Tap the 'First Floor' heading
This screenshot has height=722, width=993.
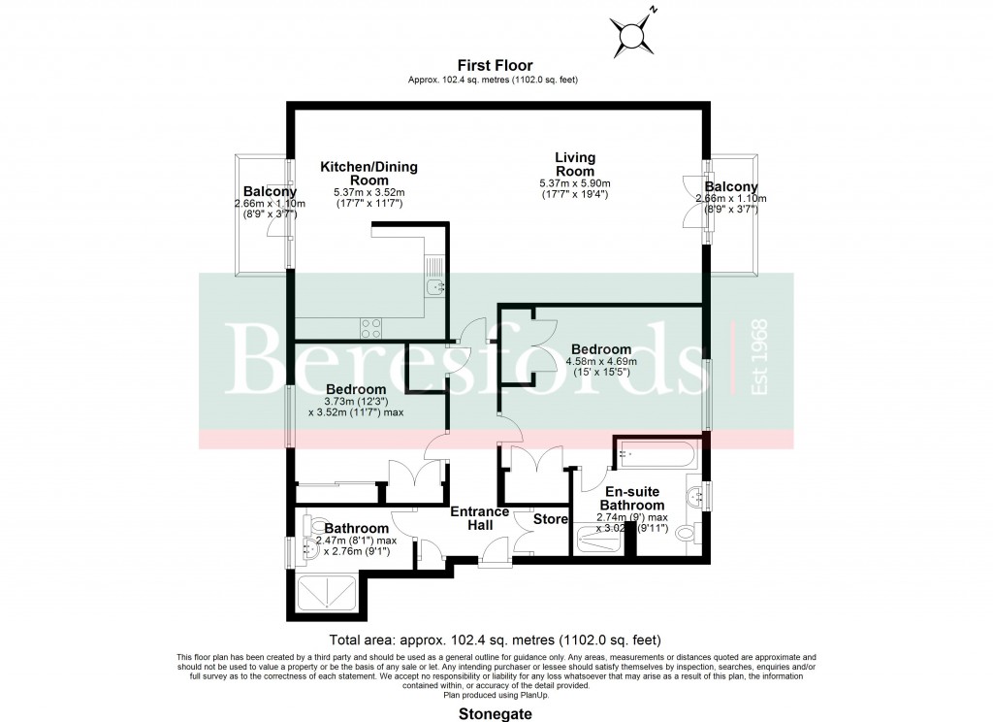[496, 66]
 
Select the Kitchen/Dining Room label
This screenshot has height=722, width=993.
[368, 174]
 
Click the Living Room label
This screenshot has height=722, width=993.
[575, 164]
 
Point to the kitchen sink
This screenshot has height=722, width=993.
[434, 286]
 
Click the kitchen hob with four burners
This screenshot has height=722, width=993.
[370, 327]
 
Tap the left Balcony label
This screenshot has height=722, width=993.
[270, 191]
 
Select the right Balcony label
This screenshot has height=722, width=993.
[731, 187]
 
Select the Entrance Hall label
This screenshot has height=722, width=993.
[480, 518]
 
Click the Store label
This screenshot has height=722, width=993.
[551, 519]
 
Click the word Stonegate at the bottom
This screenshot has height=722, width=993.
[496, 712]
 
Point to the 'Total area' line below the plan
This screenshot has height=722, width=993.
[496, 640]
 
